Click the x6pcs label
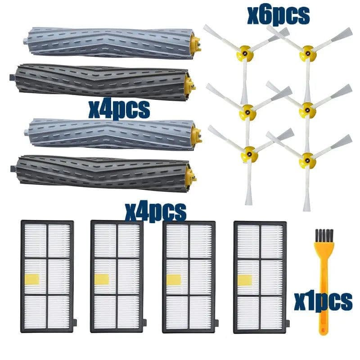tap(278, 15)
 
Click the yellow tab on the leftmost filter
tap(32, 279)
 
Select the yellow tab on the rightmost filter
tap(245, 280)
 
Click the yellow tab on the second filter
tap(102, 279)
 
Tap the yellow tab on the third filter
tap(174, 280)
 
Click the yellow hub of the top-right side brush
tap(308, 53)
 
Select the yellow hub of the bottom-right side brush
tap(308, 160)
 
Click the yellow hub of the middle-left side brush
tap(247, 112)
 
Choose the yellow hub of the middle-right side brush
tap(307, 110)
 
